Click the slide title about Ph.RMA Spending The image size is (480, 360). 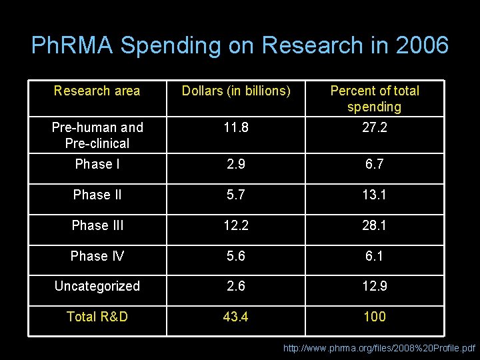click(240, 45)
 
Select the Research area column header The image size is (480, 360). click(97, 91)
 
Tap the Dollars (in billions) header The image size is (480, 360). click(237, 91)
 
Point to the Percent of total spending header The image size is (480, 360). click(375, 99)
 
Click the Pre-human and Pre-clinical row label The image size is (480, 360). click(97, 135)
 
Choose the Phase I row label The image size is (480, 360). click(97, 164)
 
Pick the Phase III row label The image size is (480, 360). click(97, 225)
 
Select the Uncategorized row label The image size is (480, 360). click(97, 286)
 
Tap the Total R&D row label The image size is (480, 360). click(97, 317)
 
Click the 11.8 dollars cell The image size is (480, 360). click(237, 127)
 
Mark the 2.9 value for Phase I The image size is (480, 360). click(237, 164)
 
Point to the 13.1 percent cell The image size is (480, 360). click(375, 195)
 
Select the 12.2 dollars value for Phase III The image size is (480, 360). click(237, 225)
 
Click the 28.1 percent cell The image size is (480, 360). click(375, 225)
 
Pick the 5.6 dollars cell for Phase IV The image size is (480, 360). click(237, 256)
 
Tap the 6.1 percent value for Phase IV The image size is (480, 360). click(375, 256)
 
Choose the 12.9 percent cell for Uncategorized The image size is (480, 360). click(375, 286)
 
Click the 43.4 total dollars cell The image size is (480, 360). click(237, 317)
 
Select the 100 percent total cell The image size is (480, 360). click(375, 317)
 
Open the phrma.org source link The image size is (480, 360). click(379, 348)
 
